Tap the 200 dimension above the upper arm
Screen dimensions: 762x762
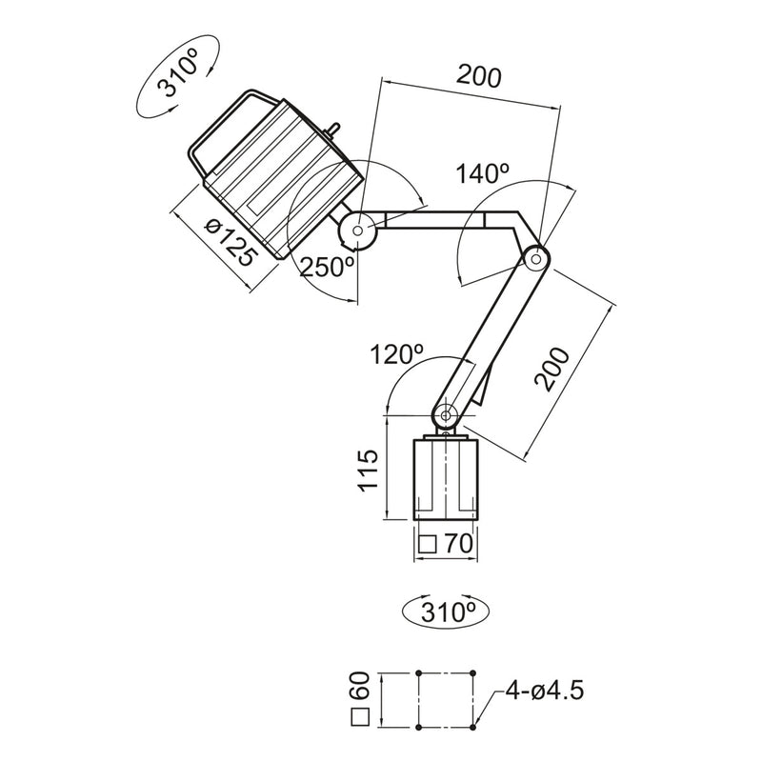tap(478, 77)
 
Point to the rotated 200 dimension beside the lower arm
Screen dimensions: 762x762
tap(553, 370)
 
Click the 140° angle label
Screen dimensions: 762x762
tap(482, 174)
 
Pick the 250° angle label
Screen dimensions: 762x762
tap(328, 267)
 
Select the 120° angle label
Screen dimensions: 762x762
tap(396, 356)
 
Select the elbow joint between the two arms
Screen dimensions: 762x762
tap(535, 258)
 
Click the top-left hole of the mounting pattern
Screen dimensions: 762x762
tap(419, 673)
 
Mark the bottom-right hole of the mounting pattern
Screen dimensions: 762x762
tap(475, 729)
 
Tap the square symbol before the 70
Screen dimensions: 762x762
tap(428, 545)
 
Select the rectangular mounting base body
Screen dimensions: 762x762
tap(445, 479)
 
